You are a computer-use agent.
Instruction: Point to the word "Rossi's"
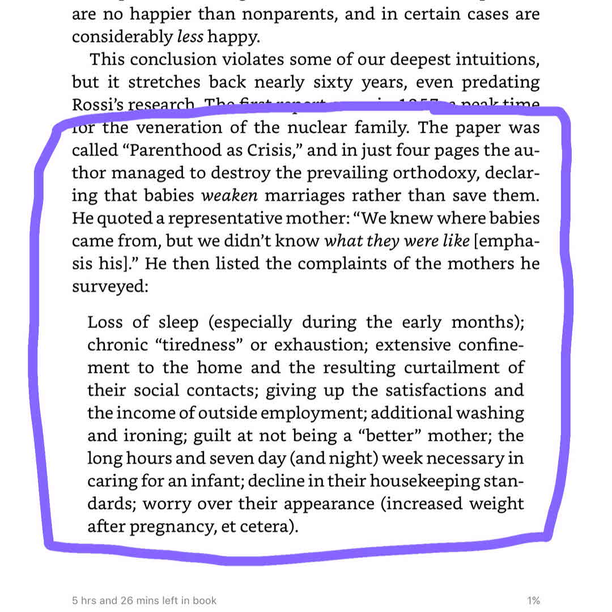click(x=93, y=105)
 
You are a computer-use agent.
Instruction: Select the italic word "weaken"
click(x=230, y=196)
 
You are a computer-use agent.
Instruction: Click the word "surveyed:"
click(x=110, y=287)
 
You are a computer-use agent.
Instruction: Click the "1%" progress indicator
click(x=533, y=601)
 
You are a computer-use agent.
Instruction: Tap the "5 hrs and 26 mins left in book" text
click(x=144, y=601)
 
